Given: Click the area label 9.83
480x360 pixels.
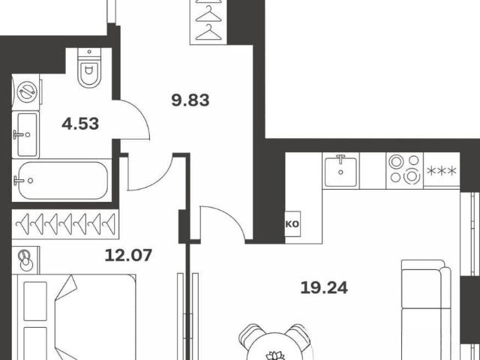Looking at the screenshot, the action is [x=190, y=100].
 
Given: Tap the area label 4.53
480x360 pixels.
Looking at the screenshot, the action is [x=80, y=124].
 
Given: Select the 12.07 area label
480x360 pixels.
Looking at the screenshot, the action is [x=128, y=255].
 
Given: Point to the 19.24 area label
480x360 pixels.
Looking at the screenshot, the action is [x=324, y=288].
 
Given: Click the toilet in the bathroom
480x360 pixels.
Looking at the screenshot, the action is [x=89, y=67].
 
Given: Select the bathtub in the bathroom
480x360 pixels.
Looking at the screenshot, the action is [x=62, y=181].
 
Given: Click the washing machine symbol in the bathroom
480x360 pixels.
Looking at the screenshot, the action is [x=27, y=91].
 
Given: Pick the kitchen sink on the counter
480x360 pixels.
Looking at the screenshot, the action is [x=340, y=172].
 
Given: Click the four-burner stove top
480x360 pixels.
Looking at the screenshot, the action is [x=405, y=171].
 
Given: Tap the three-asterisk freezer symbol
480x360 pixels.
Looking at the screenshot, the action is [x=442, y=171].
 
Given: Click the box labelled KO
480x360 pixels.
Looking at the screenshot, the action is [x=292, y=224].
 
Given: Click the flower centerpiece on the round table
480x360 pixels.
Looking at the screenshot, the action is [x=275, y=355].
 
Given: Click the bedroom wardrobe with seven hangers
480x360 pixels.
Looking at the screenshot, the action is [x=65, y=224].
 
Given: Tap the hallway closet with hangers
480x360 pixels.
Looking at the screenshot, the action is [x=208, y=22].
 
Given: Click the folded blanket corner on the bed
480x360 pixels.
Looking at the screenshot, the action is [x=66, y=286].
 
